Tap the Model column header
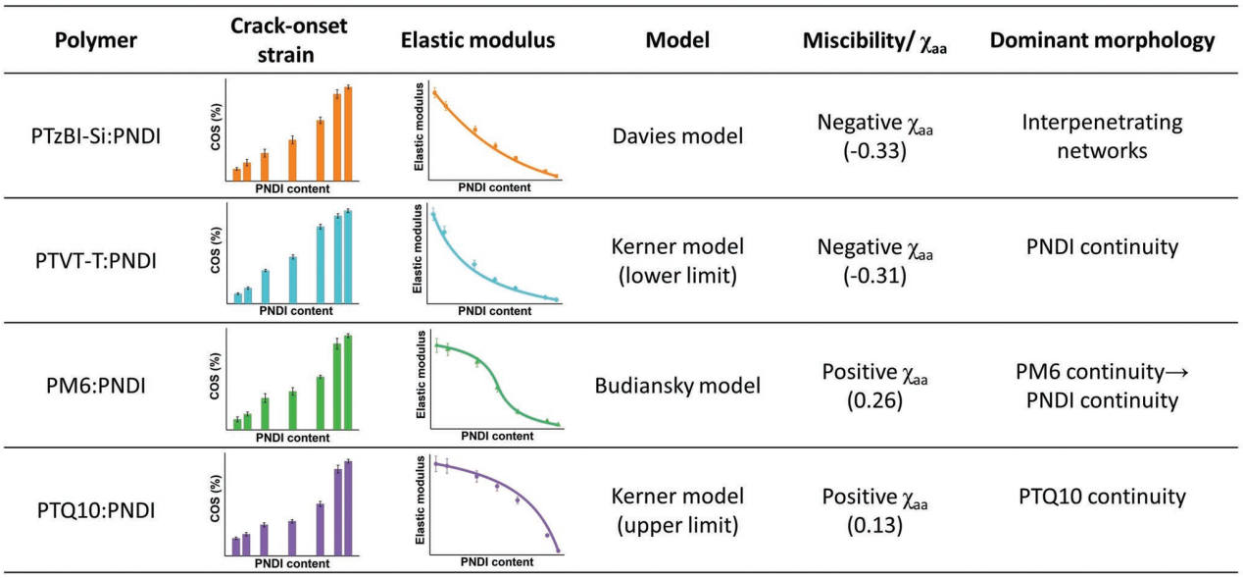[x=677, y=41]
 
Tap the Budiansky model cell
[x=677, y=385]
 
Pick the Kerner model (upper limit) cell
[x=677, y=510]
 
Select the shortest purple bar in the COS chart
[x=235, y=547]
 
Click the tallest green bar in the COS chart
[x=347, y=382]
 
